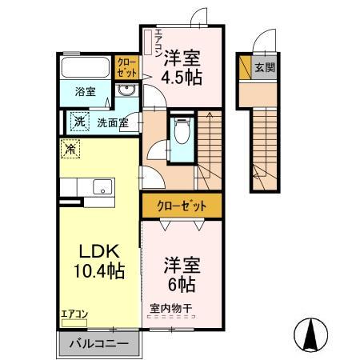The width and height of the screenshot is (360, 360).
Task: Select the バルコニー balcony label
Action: pyautogui.click(x=98, y=344)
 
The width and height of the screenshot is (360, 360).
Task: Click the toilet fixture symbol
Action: pyautogui.click(x=182, y=130)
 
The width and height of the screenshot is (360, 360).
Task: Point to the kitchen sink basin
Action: pyautogui.click(x=102, y=187)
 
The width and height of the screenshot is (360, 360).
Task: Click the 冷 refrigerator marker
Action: pyautogui.click(x=72, y=148)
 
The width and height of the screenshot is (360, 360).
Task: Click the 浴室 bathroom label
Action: pyautogui.click(x=86, y=91)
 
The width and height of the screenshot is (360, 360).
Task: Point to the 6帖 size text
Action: pyautogui.click(x=182, y=284)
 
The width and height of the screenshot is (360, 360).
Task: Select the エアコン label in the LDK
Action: pyautogui.click(x=74, y=314)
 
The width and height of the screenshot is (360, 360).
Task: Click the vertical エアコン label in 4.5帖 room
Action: pyautogui.click(x=158, y=41)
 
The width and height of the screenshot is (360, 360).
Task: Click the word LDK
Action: pyautogui.click(x=96, y=250)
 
